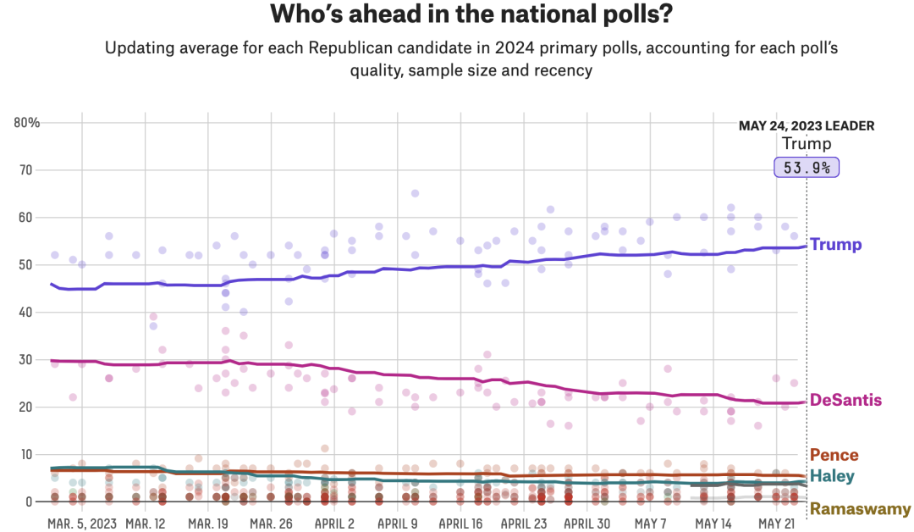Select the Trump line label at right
(835, 245)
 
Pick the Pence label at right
(834, 455)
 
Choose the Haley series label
(832, 476)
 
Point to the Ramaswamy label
(860, 509)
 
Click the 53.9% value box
(807, 167)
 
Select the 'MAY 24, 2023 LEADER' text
(807, 125)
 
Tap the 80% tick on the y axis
(27, 122)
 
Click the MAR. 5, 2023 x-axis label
(82, 524)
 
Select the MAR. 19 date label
(208, 524)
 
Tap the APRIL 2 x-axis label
(335, 524)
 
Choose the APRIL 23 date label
(525, 524)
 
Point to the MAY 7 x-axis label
(651, 524)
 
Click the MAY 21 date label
(777, 524)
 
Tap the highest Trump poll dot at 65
(416, 193)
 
